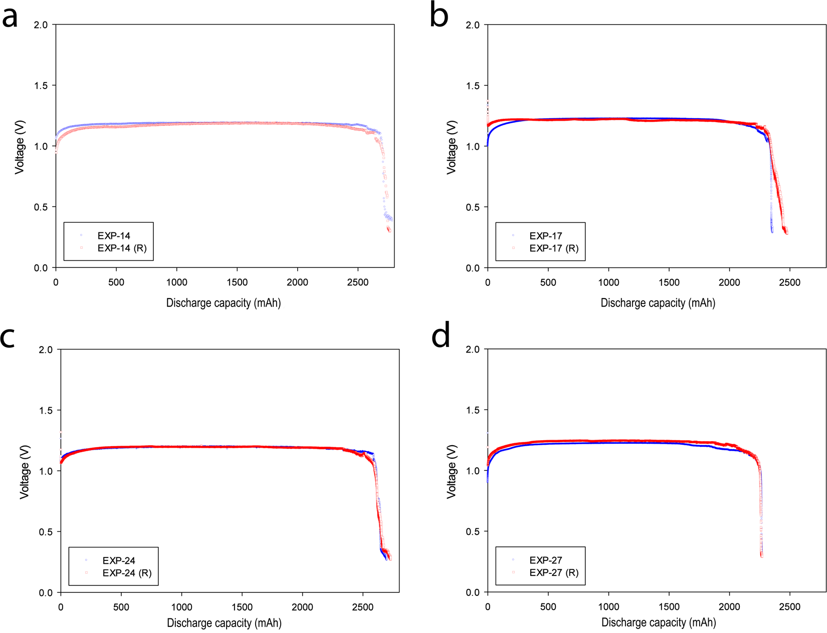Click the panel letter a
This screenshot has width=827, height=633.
10,17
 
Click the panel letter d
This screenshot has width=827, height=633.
441,337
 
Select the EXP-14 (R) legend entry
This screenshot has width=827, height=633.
122,248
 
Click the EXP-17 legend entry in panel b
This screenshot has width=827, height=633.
545,235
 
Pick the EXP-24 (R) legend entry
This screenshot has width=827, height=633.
127,573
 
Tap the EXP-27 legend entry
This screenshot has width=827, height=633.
545,560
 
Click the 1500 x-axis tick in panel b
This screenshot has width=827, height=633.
669,282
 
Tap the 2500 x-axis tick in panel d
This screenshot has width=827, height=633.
789,607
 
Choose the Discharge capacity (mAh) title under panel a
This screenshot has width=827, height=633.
224,303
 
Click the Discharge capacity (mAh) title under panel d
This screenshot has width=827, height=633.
658,622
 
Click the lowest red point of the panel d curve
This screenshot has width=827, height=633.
761,555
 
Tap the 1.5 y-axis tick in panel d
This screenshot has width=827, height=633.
473,410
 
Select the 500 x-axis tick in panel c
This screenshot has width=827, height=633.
121,607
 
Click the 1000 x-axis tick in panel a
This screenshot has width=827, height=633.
176,282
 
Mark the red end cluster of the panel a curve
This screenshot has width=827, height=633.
389,229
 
